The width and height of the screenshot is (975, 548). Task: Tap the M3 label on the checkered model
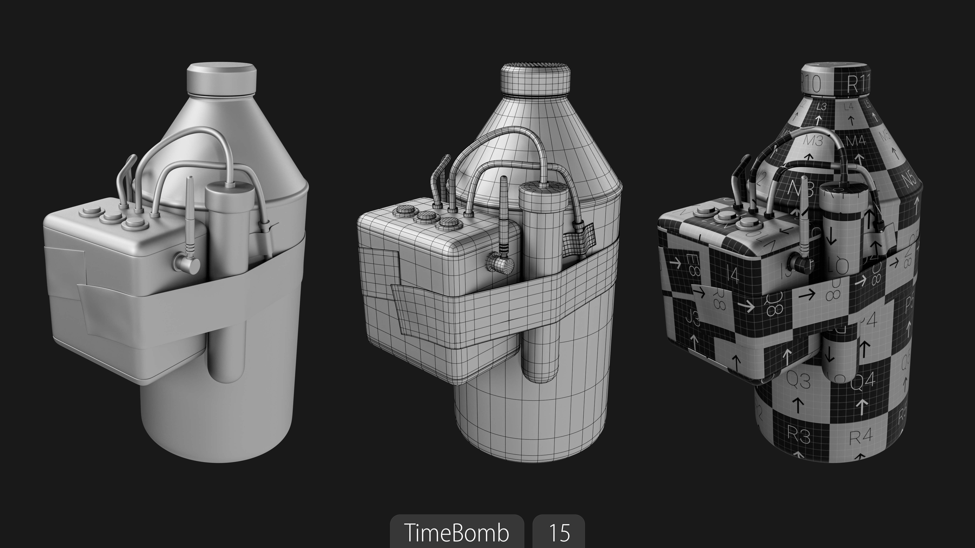pyautogui.click(x=813, y=141)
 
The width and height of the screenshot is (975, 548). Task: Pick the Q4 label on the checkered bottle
pyautogui.click(x=863, y=380)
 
